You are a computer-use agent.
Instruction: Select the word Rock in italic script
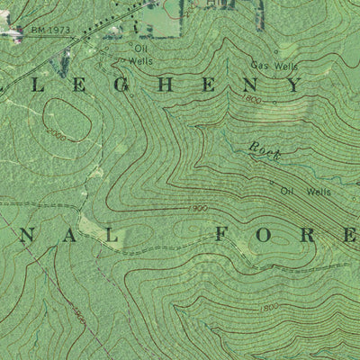pos(265,152)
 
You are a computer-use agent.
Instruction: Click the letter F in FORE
pos(226,236)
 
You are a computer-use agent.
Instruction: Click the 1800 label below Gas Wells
pos(253,99)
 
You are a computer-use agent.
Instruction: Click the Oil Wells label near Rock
pos(305,191)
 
